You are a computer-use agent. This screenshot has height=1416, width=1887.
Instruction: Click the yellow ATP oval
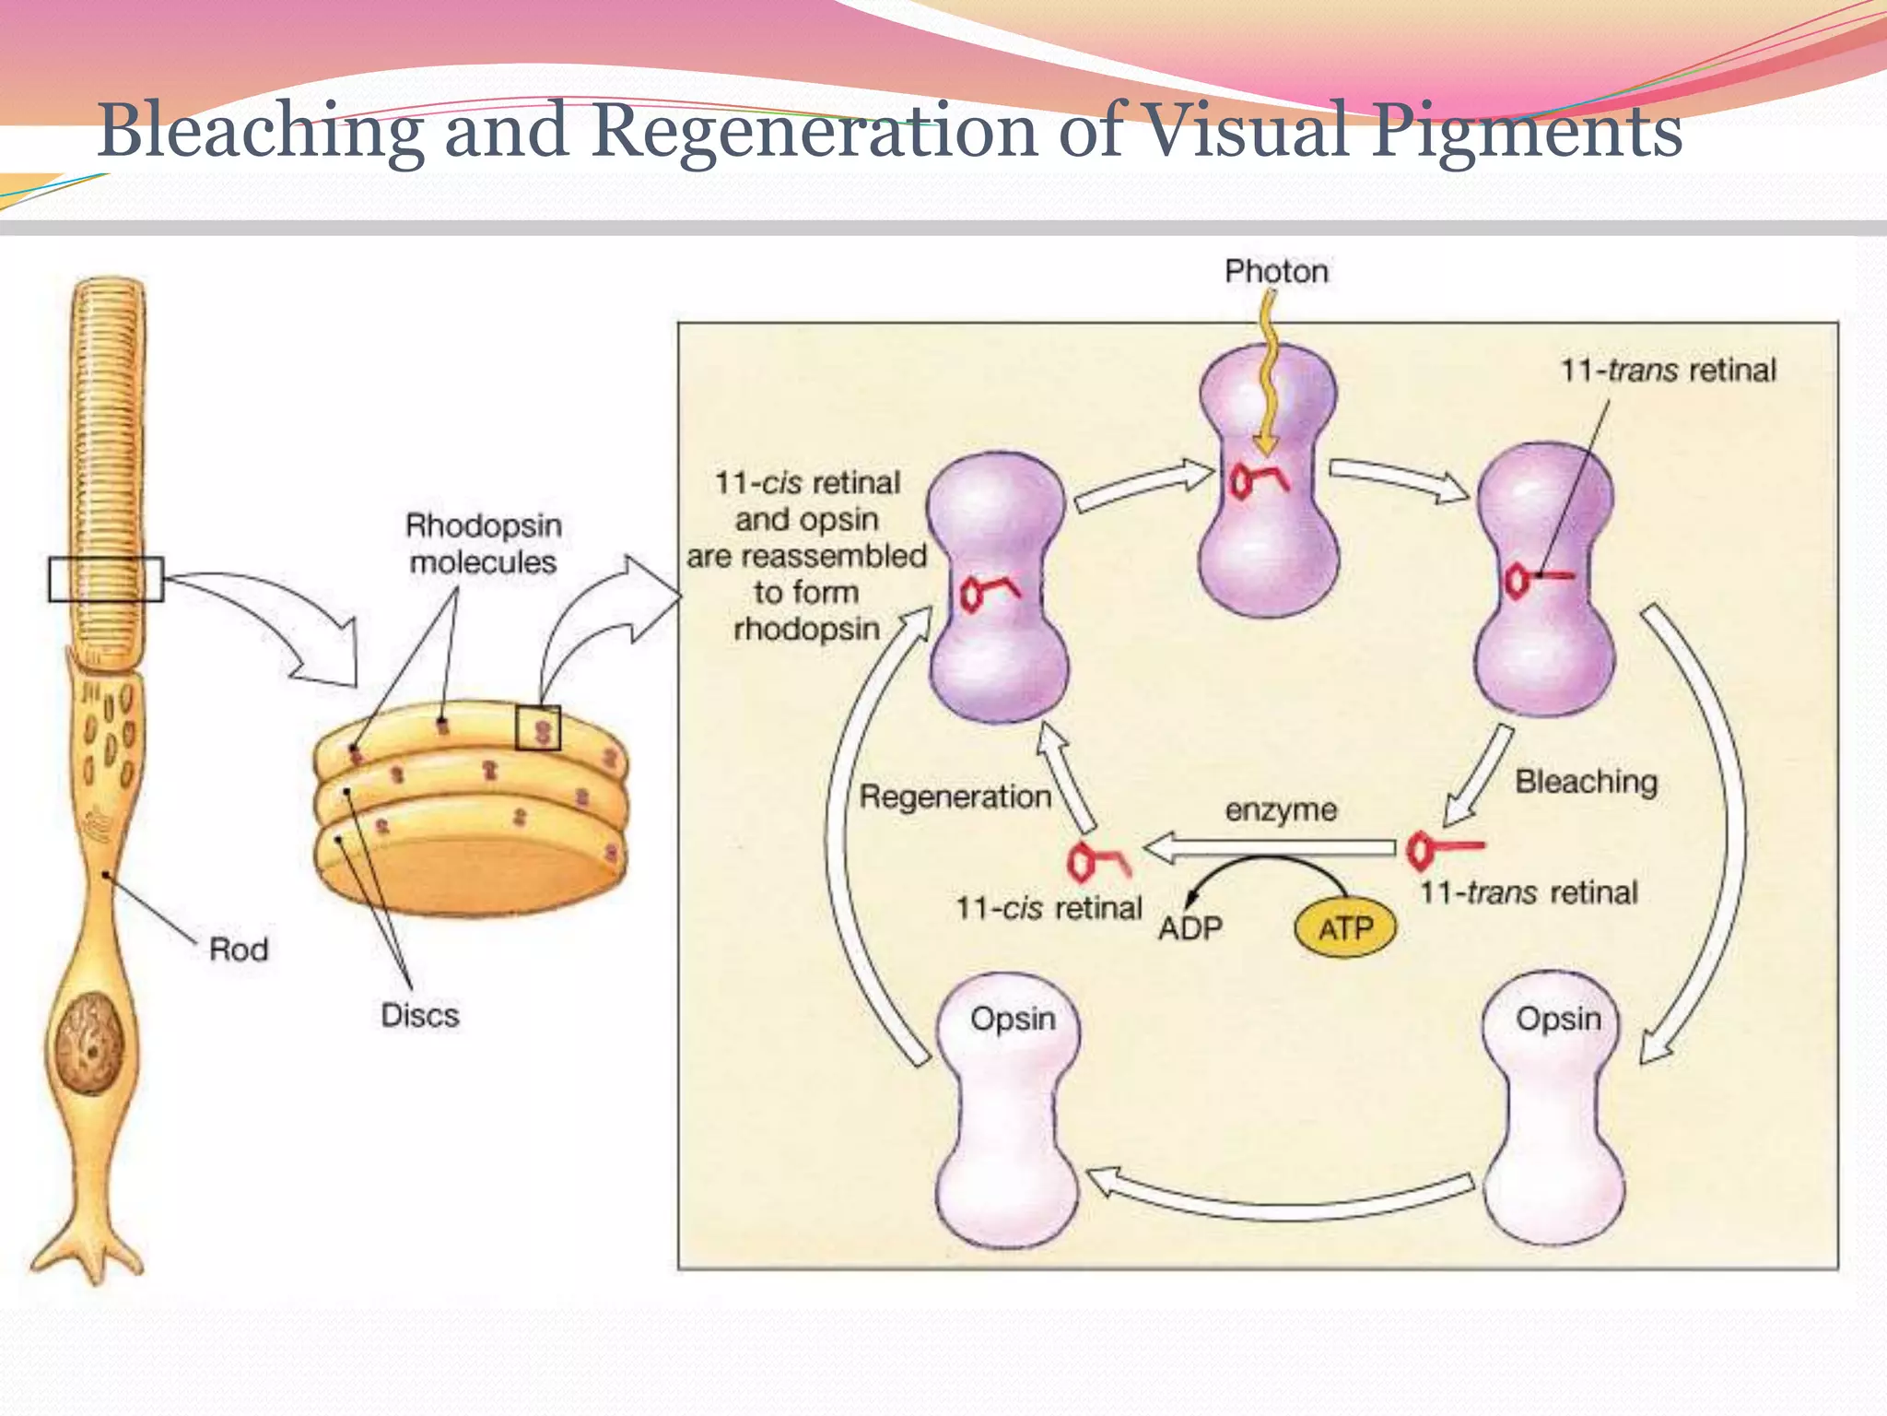[1345, 927]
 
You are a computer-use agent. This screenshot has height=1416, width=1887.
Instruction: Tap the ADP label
[1190, 927]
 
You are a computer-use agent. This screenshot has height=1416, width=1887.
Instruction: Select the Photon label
[1276, 271]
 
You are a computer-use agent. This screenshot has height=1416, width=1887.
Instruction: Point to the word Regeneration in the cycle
[955, 796]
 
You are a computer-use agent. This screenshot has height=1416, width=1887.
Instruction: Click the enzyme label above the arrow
[1281, 810]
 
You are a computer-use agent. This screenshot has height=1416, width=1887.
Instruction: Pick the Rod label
[239, 950]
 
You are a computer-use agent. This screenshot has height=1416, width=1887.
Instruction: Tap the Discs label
[420, 1015]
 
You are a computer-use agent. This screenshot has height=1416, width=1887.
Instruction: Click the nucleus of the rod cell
[89, 1044]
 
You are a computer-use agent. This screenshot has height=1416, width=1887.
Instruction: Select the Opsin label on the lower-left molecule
[1013, 1019]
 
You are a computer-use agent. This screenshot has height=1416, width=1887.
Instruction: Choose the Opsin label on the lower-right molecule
[1558, 1019]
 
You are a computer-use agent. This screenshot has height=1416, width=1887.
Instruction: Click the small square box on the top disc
[538, 728]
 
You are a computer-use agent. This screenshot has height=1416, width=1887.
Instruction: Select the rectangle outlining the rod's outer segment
[106, 579]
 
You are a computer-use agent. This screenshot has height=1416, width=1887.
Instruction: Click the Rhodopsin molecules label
[483, 544]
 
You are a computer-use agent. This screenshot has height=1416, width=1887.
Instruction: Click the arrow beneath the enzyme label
[1272, 847]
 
